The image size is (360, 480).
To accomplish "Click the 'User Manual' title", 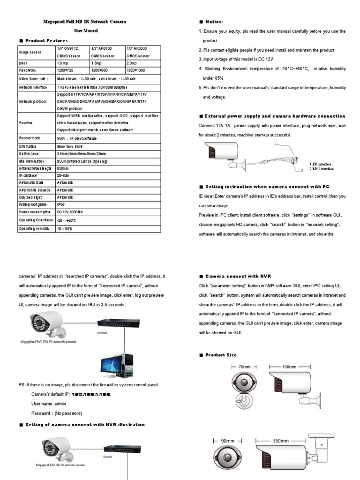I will tap(86, 31).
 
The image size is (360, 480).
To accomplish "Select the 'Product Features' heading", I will tap(46, 41).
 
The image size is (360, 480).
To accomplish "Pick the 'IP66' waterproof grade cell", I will tap(60, 205).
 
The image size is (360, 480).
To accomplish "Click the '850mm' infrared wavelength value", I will tap(62, 168).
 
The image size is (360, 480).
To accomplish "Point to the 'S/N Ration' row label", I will tap(28, 146).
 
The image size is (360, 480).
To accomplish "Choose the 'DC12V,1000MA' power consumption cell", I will tap(70, 212).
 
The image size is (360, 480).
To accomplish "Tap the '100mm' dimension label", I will tap(289, 367).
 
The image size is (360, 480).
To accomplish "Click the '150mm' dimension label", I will tap(281, 441).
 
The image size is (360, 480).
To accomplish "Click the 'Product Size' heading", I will tap(221, 355).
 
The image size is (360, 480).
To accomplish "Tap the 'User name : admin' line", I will tap(49, 403).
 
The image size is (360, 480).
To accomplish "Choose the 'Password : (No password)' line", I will tap(56, 413).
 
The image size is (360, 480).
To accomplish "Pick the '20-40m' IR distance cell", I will tap(63, 175).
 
